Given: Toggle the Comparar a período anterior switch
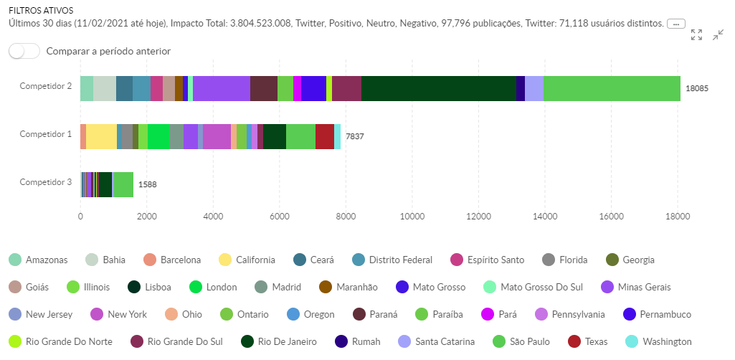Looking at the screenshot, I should [x=24, y=51].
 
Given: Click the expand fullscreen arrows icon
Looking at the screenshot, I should [x=696, y=35].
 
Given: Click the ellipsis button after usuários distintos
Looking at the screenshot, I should [x=675, y=24].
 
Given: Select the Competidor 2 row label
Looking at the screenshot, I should [x=45, y=86].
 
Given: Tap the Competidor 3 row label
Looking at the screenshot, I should [x=45, y=182].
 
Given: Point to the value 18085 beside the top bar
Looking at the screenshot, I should [x=697, y=89].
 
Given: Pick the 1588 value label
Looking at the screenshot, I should [x=147, y=184].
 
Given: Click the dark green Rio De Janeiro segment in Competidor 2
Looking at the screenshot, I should [x=438, y=88].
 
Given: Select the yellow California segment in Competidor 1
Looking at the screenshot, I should [x=101, y=136].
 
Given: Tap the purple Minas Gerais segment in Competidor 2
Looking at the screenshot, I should [x=221, y=88].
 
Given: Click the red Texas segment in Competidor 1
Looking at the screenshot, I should [x=324, y=136].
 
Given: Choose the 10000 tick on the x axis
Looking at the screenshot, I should [x=412, y=215].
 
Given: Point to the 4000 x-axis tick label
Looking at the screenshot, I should [x=213, y=215].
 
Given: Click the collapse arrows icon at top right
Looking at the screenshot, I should [x=718, y=35].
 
